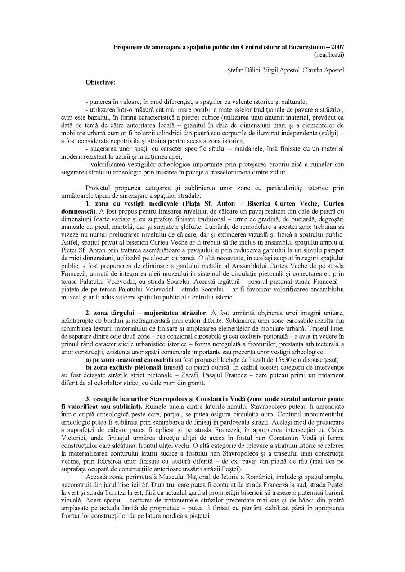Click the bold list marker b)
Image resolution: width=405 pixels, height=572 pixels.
pyautogui.click(x=89, y=368)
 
